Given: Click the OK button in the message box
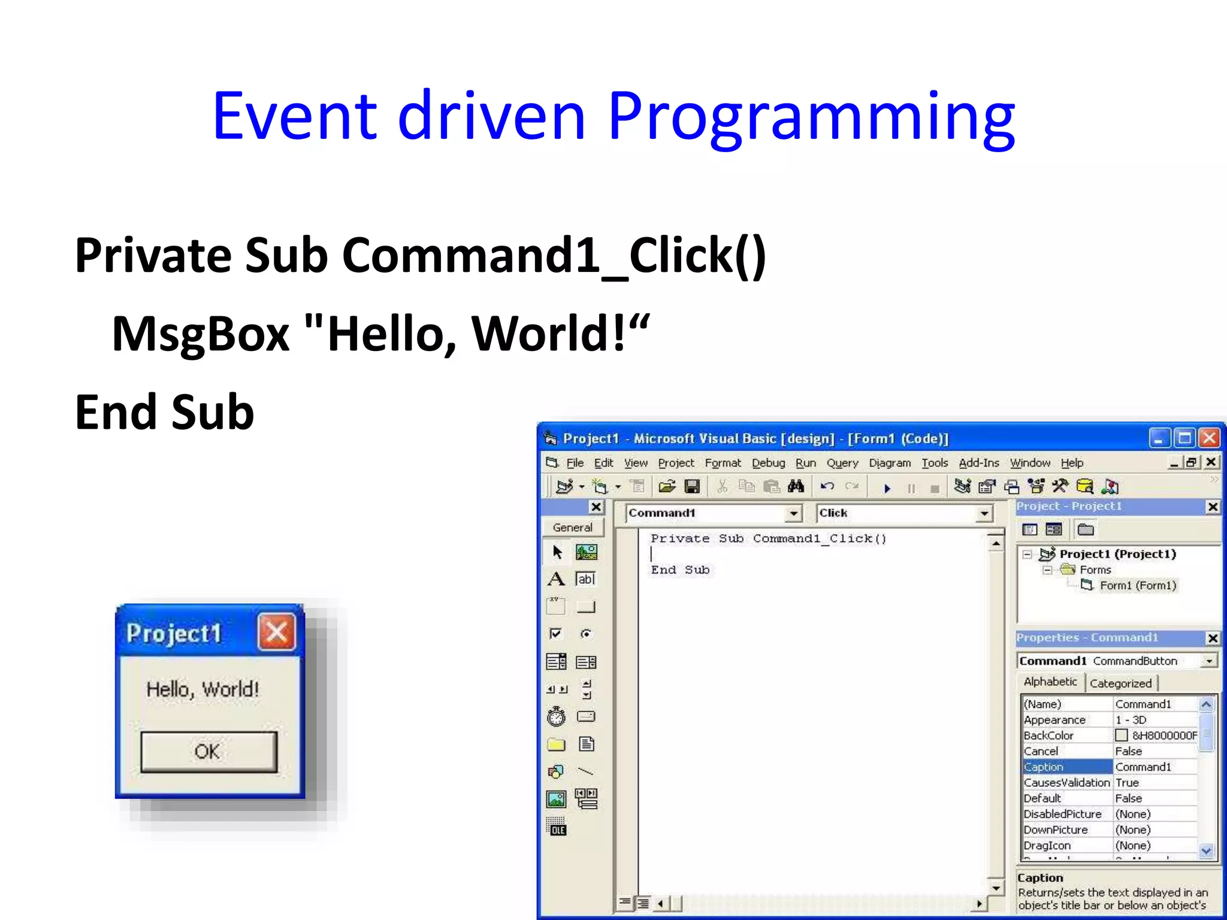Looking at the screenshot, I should pyautogui.click(x=208, y=751).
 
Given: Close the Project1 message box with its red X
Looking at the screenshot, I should pyautogui.click(x=276, y=631).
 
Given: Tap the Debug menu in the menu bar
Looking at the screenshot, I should pyautogui.click(x=768, y=463).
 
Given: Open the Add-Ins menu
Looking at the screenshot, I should pyautogui.click(x=978, y=463).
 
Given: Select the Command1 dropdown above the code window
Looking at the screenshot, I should pyautogui.click(x=713, y=513).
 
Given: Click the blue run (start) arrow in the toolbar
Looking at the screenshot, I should pyautogui.click(x=887, y=488).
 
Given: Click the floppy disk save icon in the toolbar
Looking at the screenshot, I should pyautogui.click(x=693, y=486).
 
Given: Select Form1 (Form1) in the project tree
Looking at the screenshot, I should pyautogui.click(x=1137, y=585).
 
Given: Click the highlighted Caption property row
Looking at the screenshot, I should pyautogui.click(x=1066, y=767).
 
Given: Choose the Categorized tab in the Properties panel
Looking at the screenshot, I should pyautogui.click(x=1120, y=683).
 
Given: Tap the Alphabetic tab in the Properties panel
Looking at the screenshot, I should pyautogui.click(x=1050, y=682).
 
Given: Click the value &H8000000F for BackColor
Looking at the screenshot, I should pyautogui.click(x=1163, y=736).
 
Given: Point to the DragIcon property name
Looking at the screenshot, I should pyautogui.click(x=1047, y=845).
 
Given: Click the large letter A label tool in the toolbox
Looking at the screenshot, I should pyautogui.click(x=556, y=579).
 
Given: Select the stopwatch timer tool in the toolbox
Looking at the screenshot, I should pyautogui.click(x=556, y=716).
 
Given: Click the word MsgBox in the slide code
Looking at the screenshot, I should pyautogui.click(x=201, y=334).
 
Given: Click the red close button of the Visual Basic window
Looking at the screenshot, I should pyautogui.click(x=1210, y=438).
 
